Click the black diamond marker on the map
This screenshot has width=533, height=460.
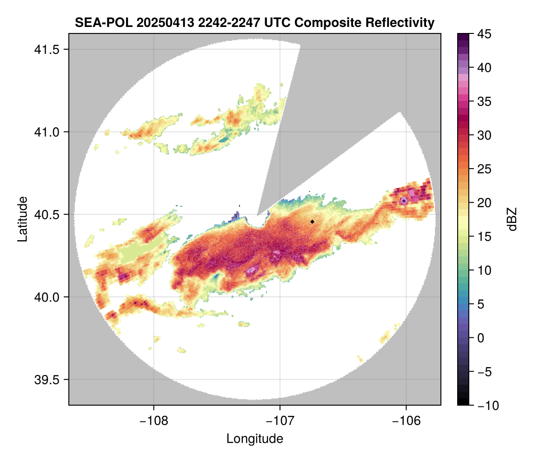coord(313,222)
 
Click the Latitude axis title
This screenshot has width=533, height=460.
coord(22,218)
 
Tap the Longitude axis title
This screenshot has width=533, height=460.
coord(255,439)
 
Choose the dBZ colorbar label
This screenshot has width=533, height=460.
coord(512,219)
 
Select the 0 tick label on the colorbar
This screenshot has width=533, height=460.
coord(480,338)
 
